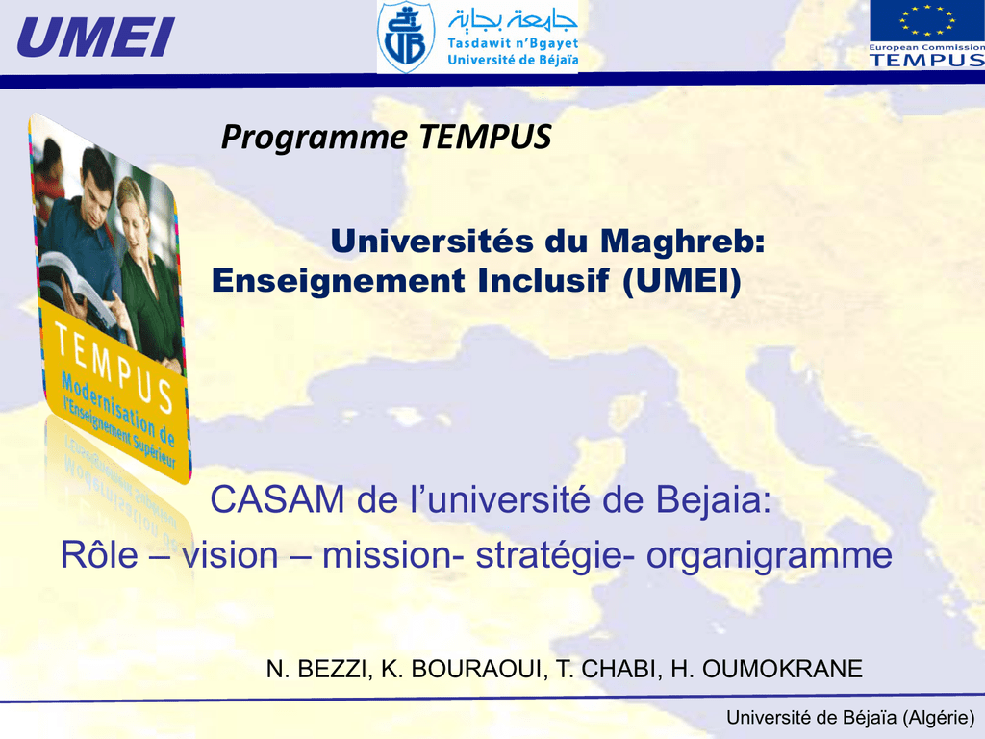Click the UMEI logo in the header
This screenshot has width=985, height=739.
pos(96,38)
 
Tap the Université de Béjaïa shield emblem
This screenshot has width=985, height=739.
pos(406,38)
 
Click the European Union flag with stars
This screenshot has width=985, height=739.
pos(927,21)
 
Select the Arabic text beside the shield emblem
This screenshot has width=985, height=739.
pos(513,20)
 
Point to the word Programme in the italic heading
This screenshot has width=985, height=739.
pos(315,137)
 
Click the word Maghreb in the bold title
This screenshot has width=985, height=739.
pos(683,241)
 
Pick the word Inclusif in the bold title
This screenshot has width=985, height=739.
pos(543,280)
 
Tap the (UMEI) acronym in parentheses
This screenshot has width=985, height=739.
pos(682,281)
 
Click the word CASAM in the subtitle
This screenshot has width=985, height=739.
pos(277,500)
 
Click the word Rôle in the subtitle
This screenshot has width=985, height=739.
pos(99,555)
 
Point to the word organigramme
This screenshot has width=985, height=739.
pos(770,556)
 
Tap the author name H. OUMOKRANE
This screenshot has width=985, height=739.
pos(767,670)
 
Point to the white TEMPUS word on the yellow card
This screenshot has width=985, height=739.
pos(114,367)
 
